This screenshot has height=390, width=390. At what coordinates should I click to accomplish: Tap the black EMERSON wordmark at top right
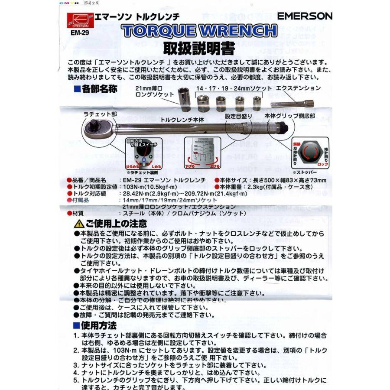click(305, 16)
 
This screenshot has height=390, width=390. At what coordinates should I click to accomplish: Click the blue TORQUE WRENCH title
click(200, 31)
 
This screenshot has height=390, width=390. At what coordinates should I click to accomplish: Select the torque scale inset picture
click(202, 153)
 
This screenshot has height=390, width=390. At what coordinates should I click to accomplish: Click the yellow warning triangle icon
click(79, 224)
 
